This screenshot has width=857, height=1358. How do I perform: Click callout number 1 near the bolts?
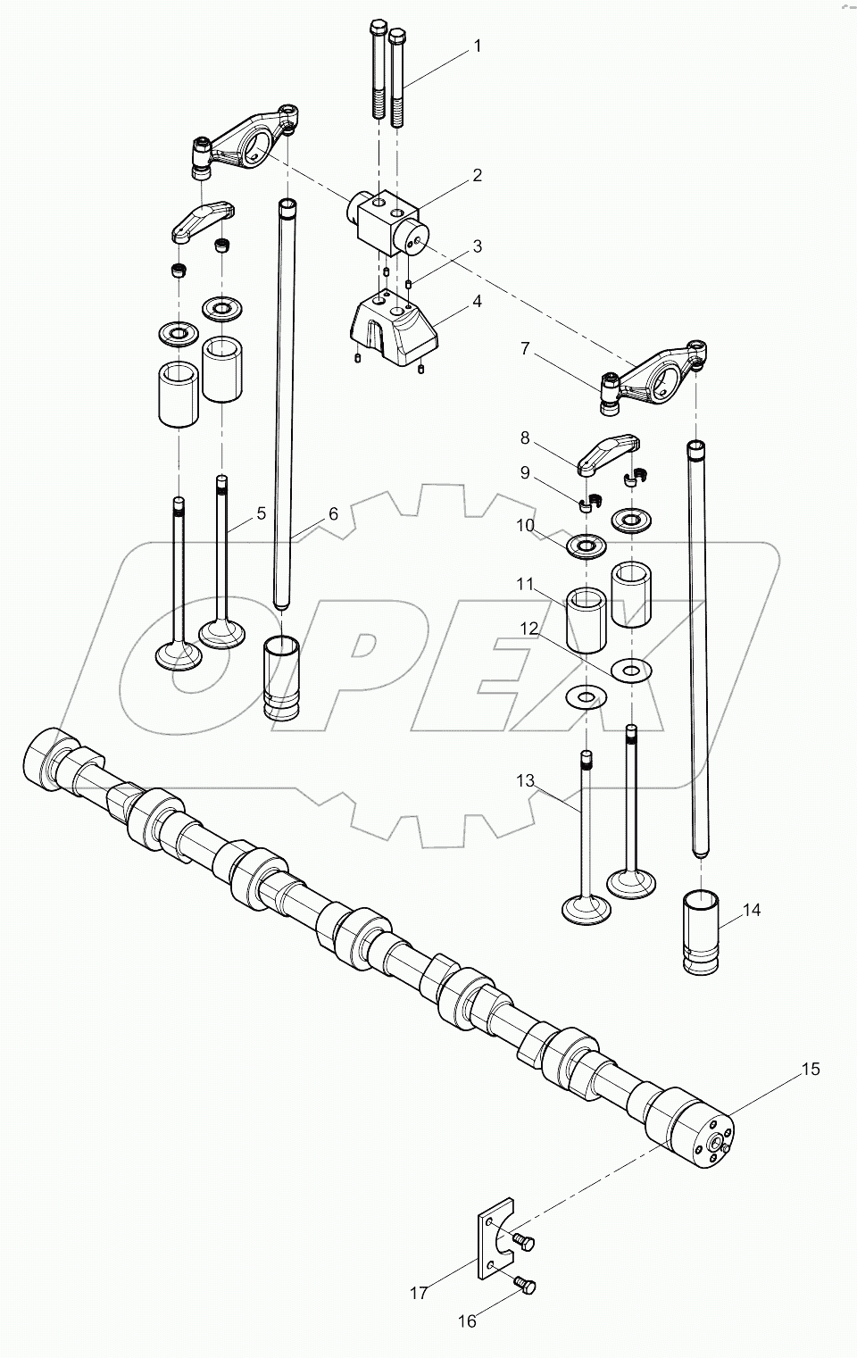coord(477,46)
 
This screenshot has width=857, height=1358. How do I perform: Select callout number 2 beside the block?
coord(477,175)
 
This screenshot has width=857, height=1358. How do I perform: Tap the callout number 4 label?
coord(477,302)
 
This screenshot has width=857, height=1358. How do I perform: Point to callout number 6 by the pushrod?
coord(333,513)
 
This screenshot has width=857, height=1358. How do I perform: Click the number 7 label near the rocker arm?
coord(525,348)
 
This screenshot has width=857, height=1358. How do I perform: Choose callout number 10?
coord(525,526)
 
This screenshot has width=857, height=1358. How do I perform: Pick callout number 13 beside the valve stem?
coord(525,781)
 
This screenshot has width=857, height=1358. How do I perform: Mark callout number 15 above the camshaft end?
coord(809,1069)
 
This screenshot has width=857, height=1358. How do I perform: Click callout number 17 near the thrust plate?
coord(419,1291)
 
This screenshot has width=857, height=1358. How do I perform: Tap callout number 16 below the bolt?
coord(468,1321)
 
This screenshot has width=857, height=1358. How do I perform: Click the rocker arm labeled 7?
coord(661,375)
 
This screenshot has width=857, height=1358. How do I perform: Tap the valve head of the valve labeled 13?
coord(585,909)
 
